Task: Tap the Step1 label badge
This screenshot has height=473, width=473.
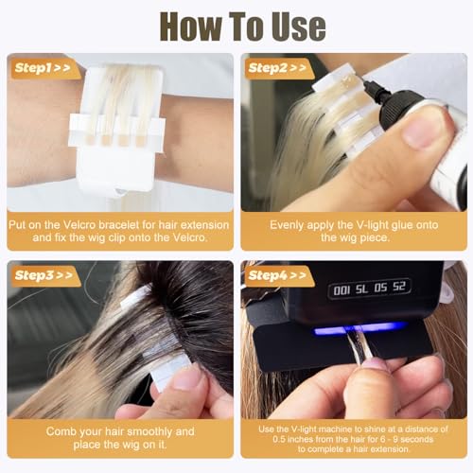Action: pos(39,68)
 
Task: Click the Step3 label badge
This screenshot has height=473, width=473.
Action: pos(39,275)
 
